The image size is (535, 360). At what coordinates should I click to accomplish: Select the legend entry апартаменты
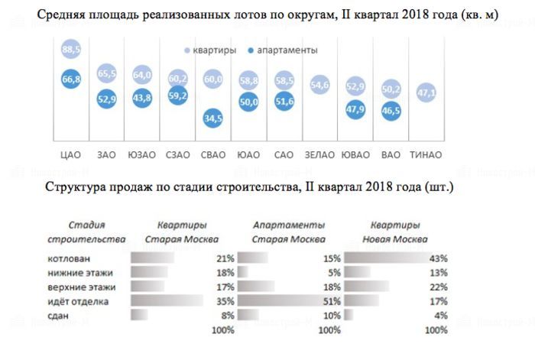[x=283, y=50]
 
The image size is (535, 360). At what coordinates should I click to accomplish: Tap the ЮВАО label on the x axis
[x=355, y=155]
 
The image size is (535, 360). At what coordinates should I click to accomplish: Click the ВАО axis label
[x=391, y=155]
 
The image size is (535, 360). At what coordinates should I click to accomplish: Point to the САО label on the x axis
[x=284, y=155]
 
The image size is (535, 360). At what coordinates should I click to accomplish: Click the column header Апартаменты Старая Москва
[x=287, y=232]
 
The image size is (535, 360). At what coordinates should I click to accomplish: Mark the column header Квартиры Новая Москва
[x=394, y=232]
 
